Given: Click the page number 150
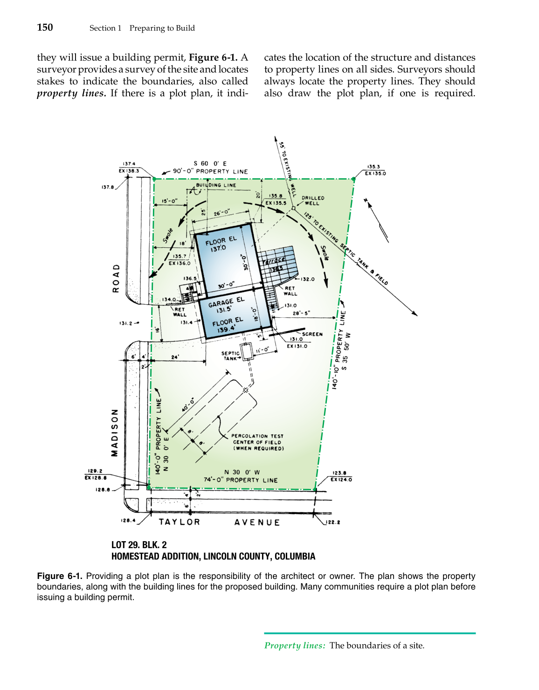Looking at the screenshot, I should pos(45,28).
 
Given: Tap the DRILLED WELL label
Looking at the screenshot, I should pos(312,201).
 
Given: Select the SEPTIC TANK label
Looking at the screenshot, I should pos(230,356).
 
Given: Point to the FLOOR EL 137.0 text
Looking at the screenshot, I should pos(221,244).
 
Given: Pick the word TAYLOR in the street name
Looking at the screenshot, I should pos(180,522).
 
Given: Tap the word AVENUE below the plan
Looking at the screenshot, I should pos(257,523).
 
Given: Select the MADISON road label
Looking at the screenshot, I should pos(115,432).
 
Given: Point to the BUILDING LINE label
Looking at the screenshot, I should pos(216,185).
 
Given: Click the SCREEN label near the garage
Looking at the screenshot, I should pos(312,334).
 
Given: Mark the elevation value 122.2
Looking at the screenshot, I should pos(333,523).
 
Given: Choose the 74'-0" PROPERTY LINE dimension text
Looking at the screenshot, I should pos(240,480).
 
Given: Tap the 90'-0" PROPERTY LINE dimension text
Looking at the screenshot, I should pos(210,171).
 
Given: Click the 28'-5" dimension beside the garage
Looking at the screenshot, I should pos(301,314).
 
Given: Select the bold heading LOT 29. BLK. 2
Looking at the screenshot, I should pos(139,545).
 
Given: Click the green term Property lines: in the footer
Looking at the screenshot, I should pos(295,646).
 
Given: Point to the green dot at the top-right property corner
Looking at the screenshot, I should pos(353,179).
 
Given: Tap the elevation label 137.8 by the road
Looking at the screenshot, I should pos(108,188).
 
